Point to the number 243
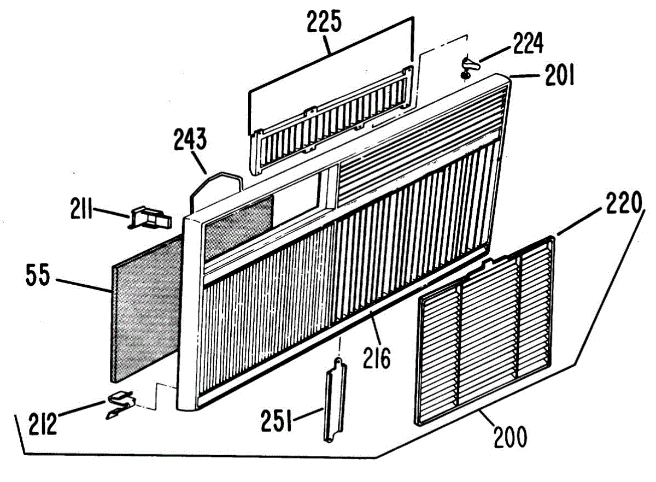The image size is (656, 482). [190, 141]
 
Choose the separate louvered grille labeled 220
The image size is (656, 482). [487, 328]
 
